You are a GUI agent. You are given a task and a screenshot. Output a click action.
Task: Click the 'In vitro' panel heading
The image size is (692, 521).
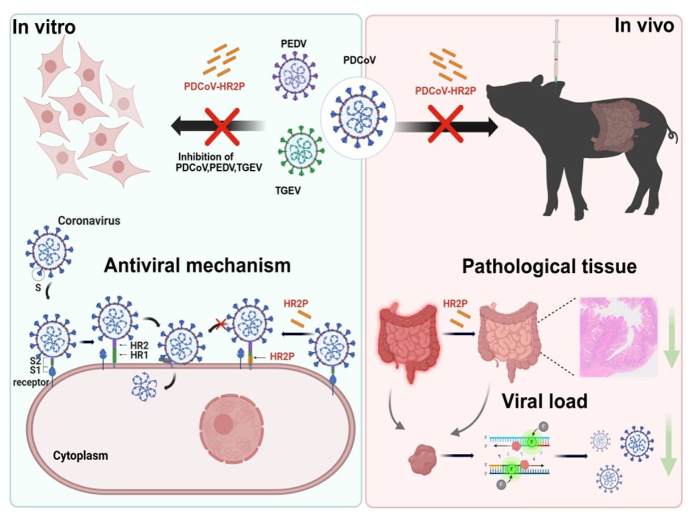click(x=44, y=27)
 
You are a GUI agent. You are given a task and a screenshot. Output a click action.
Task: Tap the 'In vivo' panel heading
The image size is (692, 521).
click(x=644, y=25)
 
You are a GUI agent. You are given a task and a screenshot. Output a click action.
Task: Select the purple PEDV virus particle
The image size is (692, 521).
click(x=295, y=76)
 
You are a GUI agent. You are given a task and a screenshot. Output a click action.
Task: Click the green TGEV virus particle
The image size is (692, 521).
click(x=301, y=151)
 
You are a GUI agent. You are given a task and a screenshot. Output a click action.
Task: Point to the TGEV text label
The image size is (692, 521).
click(x=288, y=191)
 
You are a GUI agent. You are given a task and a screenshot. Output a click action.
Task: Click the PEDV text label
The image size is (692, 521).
click(x=294, y=44)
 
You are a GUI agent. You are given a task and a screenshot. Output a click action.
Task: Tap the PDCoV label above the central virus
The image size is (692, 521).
click(x=360, y=60)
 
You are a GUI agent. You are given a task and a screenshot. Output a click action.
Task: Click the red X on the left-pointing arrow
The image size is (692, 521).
click(x=223, y=126)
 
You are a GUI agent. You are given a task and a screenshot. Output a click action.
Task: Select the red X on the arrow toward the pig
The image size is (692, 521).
click(x=445, y=124)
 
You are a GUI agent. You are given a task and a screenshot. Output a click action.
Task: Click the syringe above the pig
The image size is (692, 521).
click(x=557, y=51)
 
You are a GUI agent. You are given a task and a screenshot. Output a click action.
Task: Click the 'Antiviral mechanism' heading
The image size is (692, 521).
click(x=197, y=265)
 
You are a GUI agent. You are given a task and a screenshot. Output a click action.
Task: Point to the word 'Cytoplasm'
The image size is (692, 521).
click(x=80, y=456)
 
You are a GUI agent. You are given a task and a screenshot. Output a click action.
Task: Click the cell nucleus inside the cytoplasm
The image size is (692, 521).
click(x=232, y=428)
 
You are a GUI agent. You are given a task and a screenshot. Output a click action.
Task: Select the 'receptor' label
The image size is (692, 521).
click(x=31, y=383)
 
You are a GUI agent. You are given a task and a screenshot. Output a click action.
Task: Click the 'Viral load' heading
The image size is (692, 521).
click(x=545, y=401)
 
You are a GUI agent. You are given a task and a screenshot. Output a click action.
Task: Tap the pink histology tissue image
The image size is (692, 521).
click(x=619, y=337)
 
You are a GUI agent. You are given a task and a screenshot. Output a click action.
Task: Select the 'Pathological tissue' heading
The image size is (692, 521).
click(x=549, y=266)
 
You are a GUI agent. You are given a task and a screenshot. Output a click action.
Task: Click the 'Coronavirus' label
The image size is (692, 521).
click(x=89, y=221)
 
